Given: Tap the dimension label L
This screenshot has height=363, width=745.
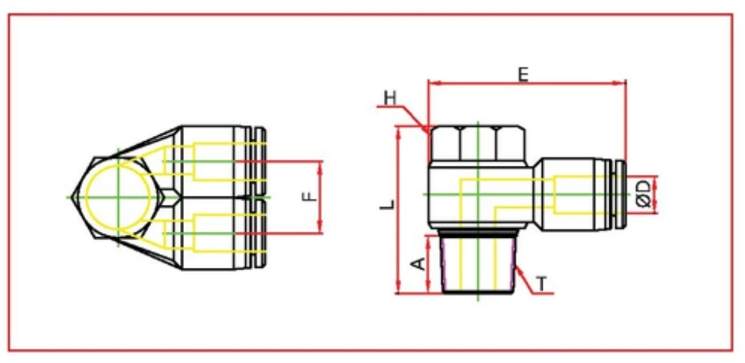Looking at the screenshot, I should [389, 204].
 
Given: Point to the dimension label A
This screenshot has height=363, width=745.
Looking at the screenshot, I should [418, 264].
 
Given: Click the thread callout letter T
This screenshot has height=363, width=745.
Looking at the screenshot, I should [542, 284].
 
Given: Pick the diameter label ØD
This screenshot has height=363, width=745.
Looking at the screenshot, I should [645, 193].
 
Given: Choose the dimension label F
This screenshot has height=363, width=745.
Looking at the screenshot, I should [308, 197].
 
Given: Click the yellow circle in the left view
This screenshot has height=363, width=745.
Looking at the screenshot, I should [118, 197].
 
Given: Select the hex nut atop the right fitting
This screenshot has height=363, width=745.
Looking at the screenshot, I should [478, 144].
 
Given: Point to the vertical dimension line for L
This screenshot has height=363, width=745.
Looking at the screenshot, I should [400, 207].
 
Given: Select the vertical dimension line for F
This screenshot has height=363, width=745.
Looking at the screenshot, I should [321, 197].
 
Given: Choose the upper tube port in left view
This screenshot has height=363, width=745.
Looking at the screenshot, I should [222, 161].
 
